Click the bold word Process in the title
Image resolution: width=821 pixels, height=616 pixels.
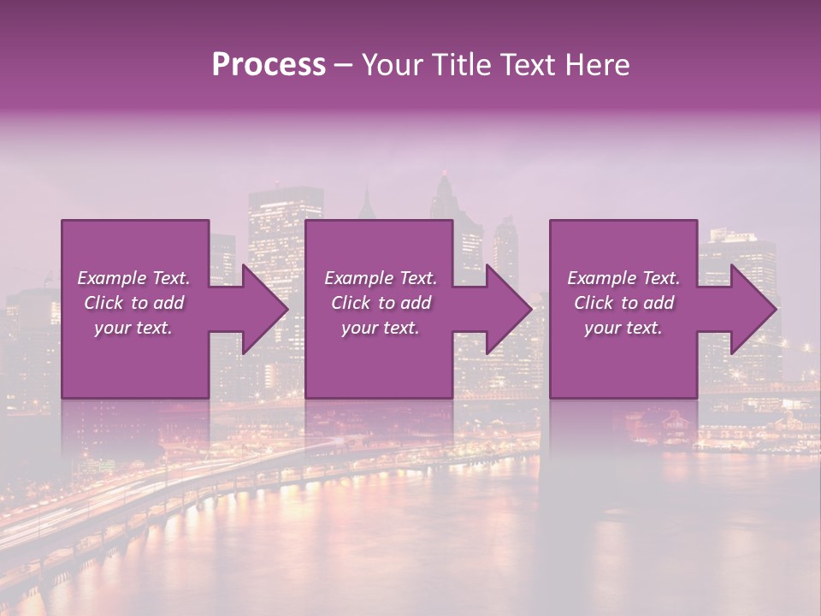tap(269, 65)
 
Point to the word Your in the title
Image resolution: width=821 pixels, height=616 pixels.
tap(390, 65)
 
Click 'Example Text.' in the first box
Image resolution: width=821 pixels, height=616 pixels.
tap(133, 278)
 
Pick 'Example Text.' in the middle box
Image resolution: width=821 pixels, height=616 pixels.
tap(381, 278)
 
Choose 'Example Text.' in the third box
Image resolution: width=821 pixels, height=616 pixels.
tap(623, 278)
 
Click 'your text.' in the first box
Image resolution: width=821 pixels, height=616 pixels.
tap(133, 328)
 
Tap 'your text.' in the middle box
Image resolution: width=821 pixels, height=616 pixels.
tap(381, 328)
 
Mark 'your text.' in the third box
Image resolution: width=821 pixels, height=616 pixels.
tap(623, 328)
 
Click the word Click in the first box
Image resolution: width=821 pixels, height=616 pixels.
tap(103, 303)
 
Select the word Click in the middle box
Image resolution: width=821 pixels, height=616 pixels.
tap(351, 303)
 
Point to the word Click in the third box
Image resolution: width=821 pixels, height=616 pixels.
tap(594, 303)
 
